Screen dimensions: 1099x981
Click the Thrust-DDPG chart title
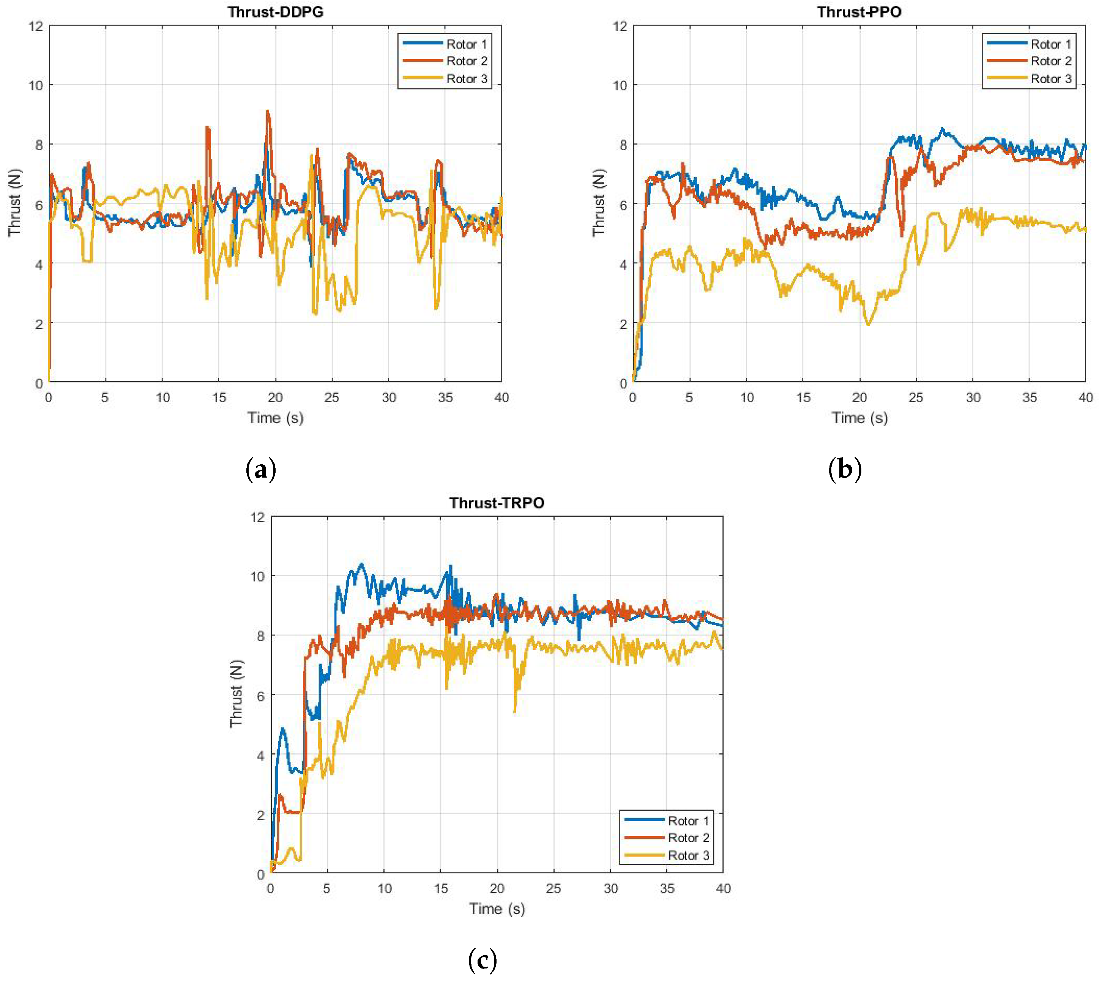click(x=276, y=12)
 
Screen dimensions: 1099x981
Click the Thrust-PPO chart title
click(x=859, y=12)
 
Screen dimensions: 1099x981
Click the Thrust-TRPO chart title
click(x=497, y=503)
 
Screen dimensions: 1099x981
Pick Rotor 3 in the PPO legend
click(x=1050, y=79)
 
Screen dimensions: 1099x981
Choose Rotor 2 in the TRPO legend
click(x=688, y=838)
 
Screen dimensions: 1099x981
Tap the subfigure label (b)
click(x=845, y=470)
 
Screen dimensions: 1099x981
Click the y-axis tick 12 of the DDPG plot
click(x=36, y=26)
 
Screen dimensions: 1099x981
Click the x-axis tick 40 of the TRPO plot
click(x=722, y=889)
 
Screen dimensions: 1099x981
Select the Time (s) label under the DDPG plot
click(x=276, y=418)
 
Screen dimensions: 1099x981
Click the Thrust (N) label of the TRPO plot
click(x=236, y=694)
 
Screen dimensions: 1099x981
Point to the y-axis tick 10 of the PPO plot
click(x=620, y=85)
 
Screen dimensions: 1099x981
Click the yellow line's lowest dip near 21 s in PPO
click(x=868, y=324)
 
